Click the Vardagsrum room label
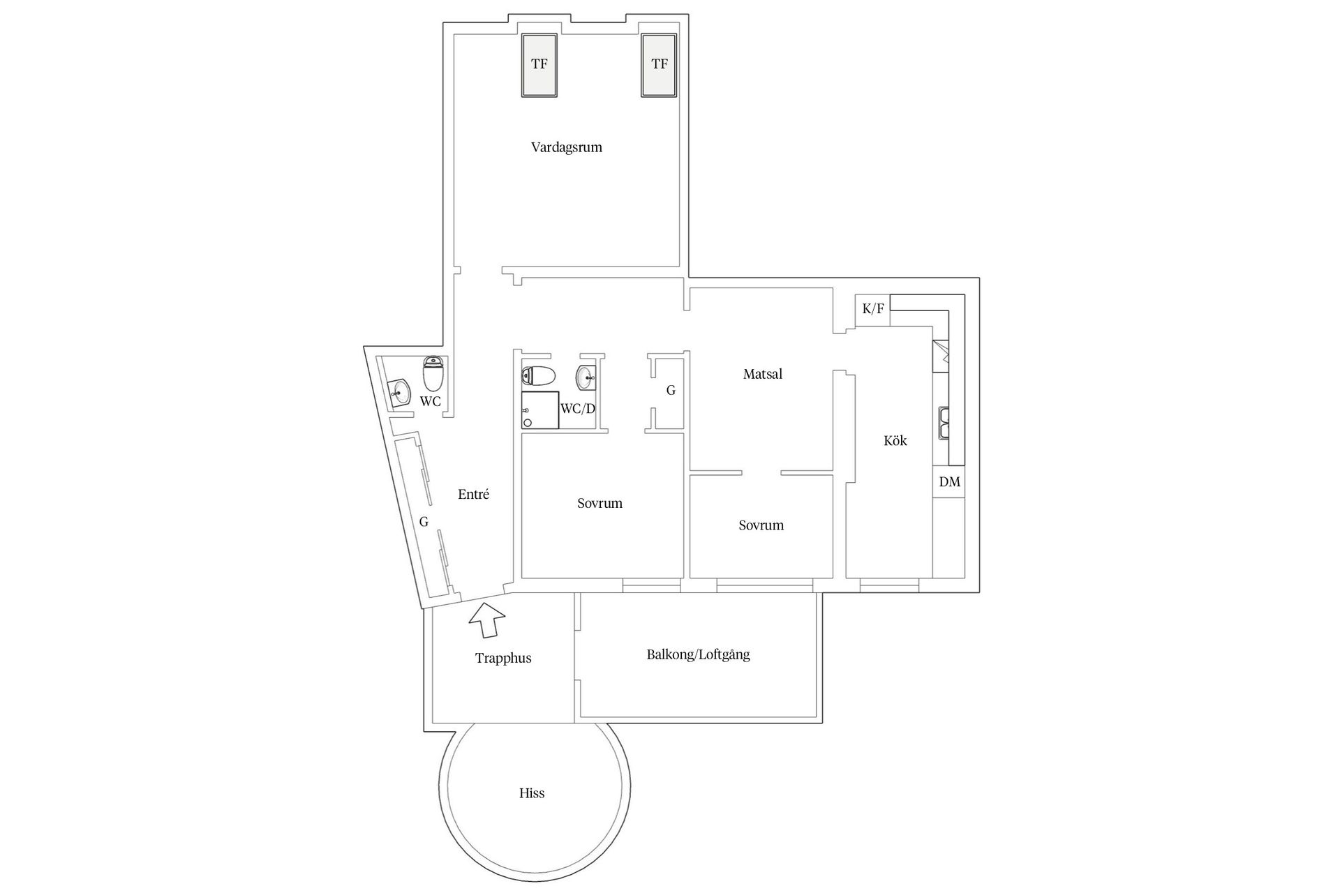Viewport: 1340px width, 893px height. (566, 147)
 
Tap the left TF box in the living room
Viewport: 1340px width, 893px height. (539, 65)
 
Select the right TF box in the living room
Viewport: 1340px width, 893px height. (660, 65)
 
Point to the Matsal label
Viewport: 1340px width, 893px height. (762, 374)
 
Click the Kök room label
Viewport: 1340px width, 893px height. (895, 440)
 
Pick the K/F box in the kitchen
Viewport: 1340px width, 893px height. (872, 308)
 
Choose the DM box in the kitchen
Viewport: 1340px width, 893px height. (949, 482)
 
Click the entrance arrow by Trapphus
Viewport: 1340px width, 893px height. (486, 620)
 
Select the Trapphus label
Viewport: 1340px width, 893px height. (503, 658)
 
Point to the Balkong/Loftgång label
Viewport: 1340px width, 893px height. (698, 654)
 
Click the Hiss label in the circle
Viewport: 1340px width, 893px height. (532, 793)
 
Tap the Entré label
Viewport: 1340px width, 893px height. (473, 495)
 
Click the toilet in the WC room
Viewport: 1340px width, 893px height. (433, 374)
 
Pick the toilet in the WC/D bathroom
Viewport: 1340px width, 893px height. (538, 376)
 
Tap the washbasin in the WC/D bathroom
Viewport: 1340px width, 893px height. (586, 377)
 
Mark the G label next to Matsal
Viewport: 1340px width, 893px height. (671, 391)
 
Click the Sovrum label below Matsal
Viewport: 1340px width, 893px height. (761, 525)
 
